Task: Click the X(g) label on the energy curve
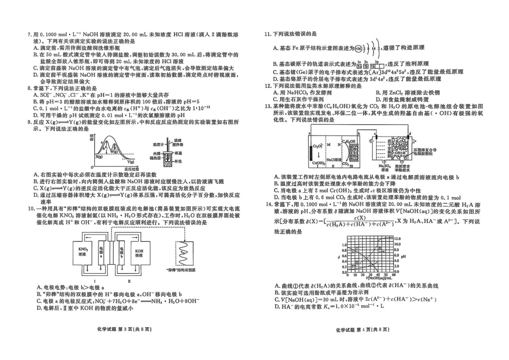[x=99, y=156]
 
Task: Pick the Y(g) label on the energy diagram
[x=131, y=161]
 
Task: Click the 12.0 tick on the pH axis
[x=397, y=237]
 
